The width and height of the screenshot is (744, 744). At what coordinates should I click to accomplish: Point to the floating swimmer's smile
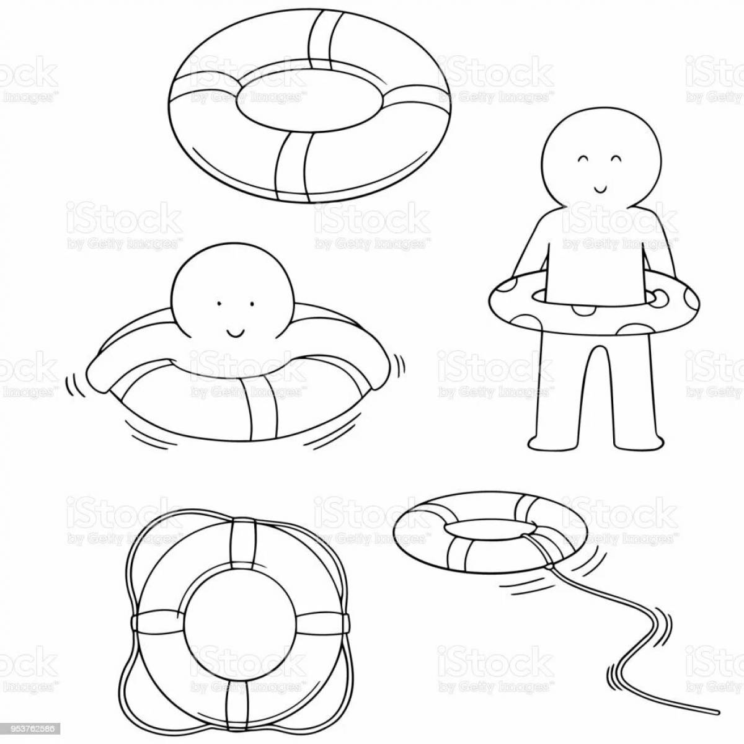point(235,332)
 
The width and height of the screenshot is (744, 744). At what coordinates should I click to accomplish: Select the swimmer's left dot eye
point(218,304)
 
